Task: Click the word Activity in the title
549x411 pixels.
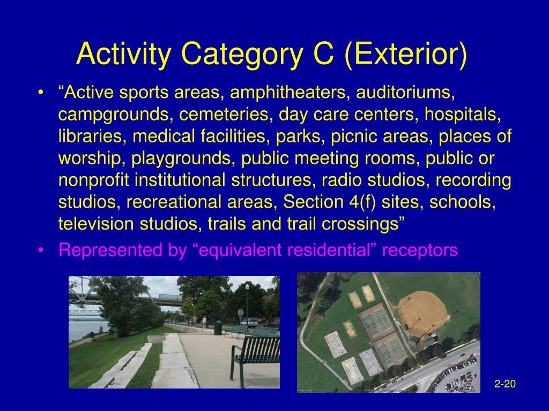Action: (124, 54)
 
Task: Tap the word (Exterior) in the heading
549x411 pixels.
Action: (406, 54)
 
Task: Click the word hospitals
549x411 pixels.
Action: (463, 115)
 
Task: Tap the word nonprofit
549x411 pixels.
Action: (94, 180)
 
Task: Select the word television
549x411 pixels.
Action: (96, 224)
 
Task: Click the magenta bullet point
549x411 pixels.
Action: (41, 250)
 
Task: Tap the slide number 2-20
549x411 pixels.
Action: (505, 384)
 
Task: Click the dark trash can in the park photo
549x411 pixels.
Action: (218, 329)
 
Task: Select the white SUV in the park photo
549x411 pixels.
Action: (249, 322)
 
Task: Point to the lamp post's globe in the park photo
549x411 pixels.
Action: (247, 287)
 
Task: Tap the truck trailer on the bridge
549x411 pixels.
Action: (170, 298)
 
